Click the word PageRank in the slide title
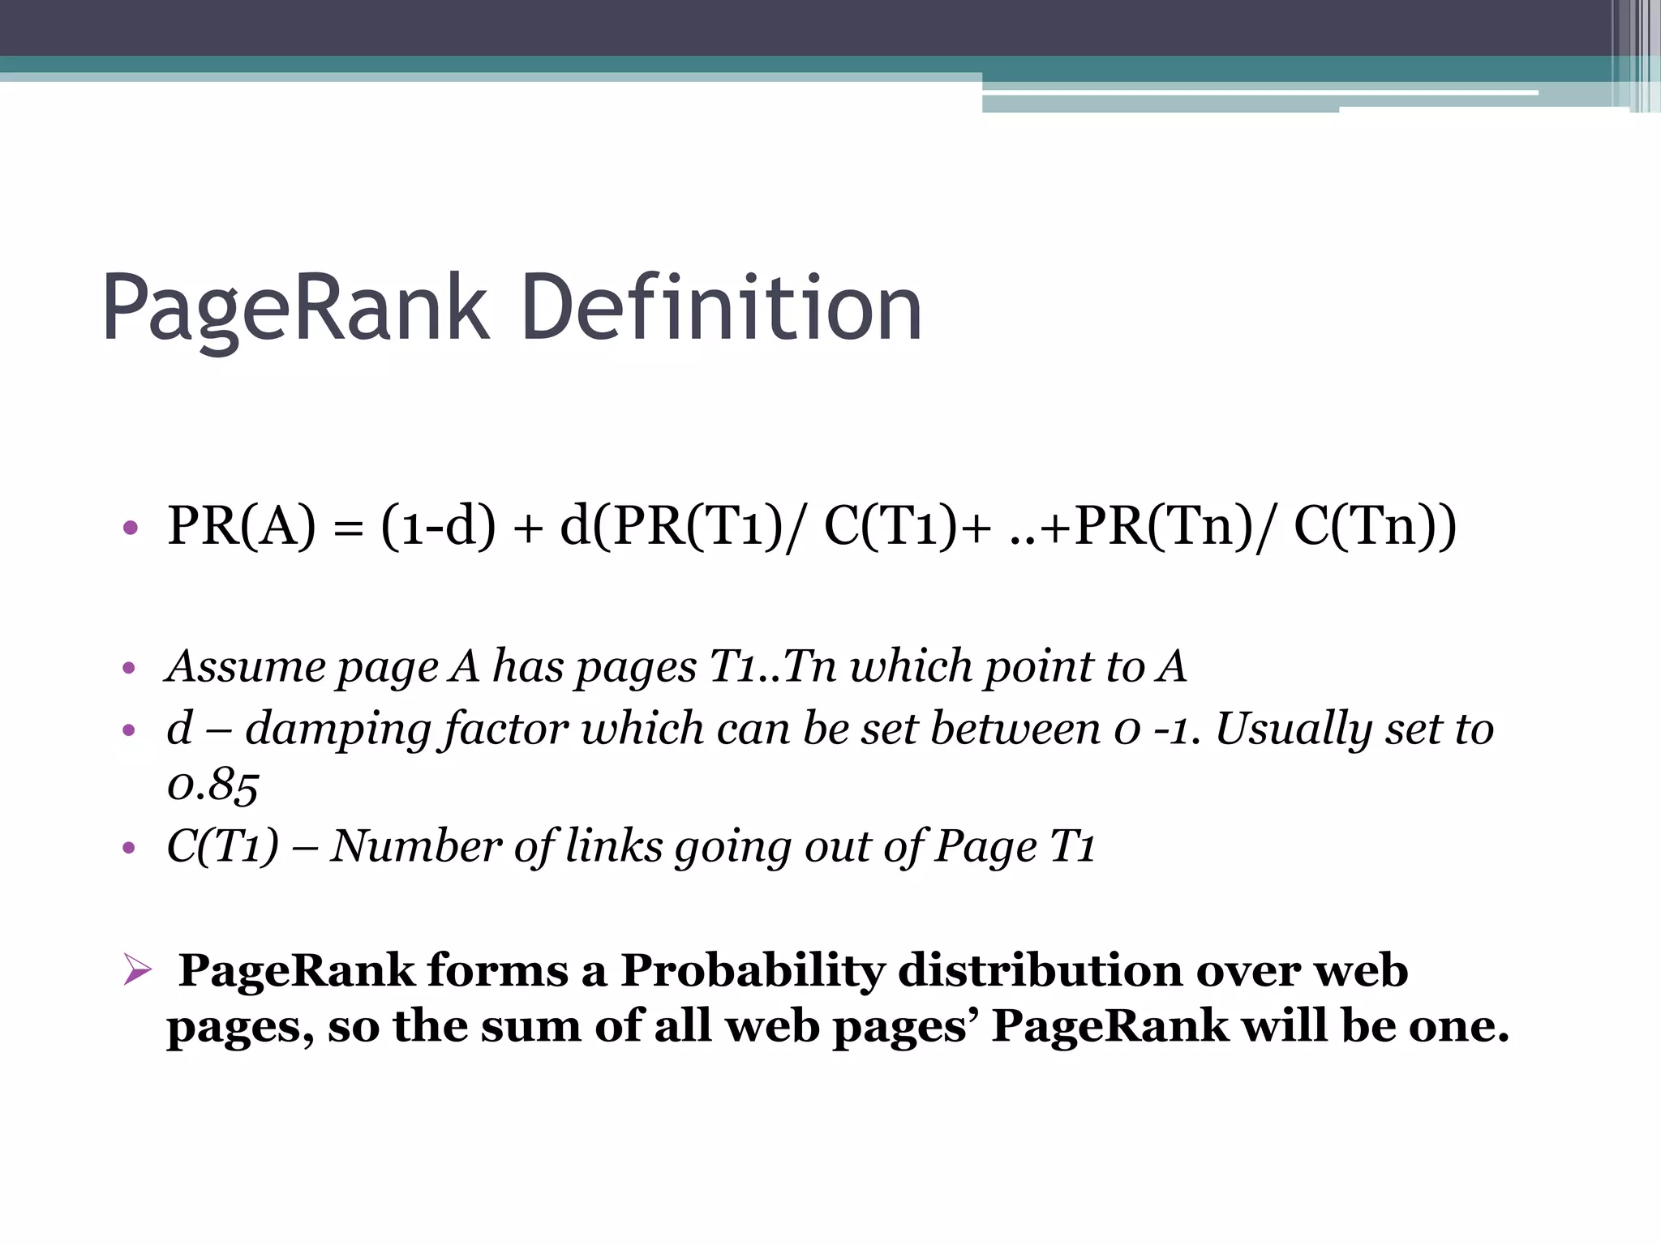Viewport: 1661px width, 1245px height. point(295,309)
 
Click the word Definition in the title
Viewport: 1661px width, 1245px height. point(722,309)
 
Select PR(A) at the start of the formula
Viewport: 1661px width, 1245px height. point(241,526)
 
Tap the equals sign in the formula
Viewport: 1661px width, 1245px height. point(348,528)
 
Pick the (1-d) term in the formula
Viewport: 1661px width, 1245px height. point(438,526)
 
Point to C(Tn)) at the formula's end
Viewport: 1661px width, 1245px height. point(1375,526)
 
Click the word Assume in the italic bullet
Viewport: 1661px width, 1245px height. point(246,666)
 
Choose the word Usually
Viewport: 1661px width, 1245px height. point(1293,729)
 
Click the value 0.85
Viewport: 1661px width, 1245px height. point(212,785)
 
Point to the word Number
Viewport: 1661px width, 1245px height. point(416,846)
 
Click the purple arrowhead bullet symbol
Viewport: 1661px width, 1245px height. point(137,970)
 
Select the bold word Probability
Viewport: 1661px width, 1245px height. point(753,970)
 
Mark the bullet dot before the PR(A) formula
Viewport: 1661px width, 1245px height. point(130,528)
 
